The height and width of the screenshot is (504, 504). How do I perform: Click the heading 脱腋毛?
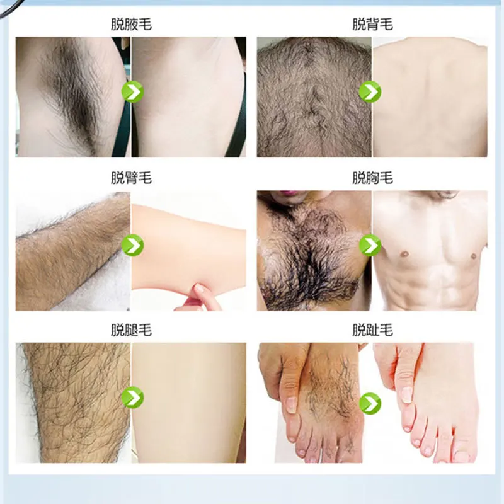point(131,25)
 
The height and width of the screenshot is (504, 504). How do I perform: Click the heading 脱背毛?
point(372,25)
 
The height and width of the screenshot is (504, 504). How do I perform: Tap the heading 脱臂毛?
point(131,178)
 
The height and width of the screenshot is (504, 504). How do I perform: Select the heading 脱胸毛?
point(372,178)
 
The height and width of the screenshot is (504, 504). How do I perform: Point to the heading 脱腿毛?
point(131,330)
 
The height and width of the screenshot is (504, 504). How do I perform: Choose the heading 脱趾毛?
point(372,330)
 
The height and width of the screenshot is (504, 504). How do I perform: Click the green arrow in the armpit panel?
point(132,92)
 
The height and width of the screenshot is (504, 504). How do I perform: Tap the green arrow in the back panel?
point(370,92)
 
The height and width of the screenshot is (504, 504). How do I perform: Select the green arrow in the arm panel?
point(132,244)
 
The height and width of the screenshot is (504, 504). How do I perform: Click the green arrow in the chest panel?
point(370,244)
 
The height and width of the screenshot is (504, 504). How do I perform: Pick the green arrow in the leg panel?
point(132,397)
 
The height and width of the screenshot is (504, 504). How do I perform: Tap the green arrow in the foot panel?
point(370,401)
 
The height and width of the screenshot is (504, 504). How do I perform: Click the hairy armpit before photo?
point(69,94)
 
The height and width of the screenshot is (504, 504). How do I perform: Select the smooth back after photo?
point(432,94)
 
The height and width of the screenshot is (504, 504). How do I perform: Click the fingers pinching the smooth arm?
point(203,295)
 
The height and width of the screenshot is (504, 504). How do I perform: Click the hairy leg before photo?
point(72,403)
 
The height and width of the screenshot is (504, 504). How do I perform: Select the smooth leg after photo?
point(189,403)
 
